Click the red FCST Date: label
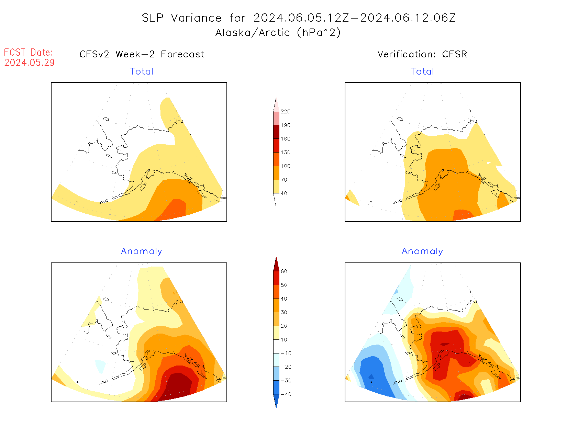29,53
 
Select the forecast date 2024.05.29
29,63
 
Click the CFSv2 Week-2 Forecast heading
142,54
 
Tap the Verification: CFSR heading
422,54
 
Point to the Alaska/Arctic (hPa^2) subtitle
278,33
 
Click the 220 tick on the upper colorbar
285,112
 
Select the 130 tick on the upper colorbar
285,153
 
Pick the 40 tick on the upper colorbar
284,193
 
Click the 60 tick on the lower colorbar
284,271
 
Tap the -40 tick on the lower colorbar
286,394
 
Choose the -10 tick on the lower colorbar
286,353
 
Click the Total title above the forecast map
142,71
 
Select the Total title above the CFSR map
422,71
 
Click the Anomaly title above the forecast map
142,251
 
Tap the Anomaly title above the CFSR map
422,251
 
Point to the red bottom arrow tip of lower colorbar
276,405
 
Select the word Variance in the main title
196,18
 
